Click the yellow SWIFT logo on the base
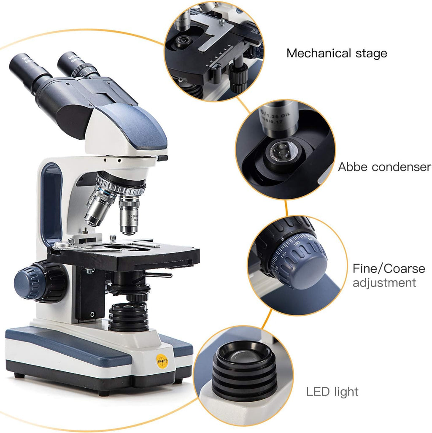[x=162, y=361]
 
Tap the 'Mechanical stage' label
[x=336, y=54]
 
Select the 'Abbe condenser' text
[x=384, y=167]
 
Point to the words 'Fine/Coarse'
[x=389, y=268]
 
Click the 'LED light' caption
[x=332, y=391]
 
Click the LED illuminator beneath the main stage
[x=128, y=317]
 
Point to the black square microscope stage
[x=127, y=255]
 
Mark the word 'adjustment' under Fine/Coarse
[x=384, y=283]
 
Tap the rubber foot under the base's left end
[x=19, y=374]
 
